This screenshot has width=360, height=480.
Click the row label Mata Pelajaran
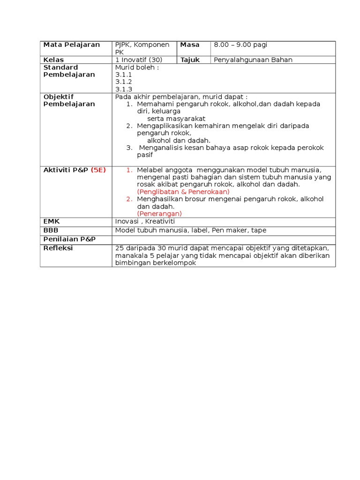(71, 45)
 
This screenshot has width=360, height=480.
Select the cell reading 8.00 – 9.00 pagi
(240, 45)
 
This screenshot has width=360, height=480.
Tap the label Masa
(190, 45)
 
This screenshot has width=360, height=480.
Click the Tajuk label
(190, 60)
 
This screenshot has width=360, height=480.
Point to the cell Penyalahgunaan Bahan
(253, 60)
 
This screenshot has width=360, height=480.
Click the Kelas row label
(53, 60)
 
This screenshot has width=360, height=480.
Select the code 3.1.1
(124, 75)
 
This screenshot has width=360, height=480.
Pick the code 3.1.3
(124, 89)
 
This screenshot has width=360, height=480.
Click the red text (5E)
(98, 170)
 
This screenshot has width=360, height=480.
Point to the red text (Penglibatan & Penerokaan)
(183, 192)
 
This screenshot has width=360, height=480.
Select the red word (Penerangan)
(159, 214)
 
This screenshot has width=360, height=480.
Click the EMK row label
(52, 221)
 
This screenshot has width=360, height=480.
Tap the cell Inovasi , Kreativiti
(145, 221)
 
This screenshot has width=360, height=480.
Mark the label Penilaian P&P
(69, 239)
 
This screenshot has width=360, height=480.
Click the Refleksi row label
(58, 248)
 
